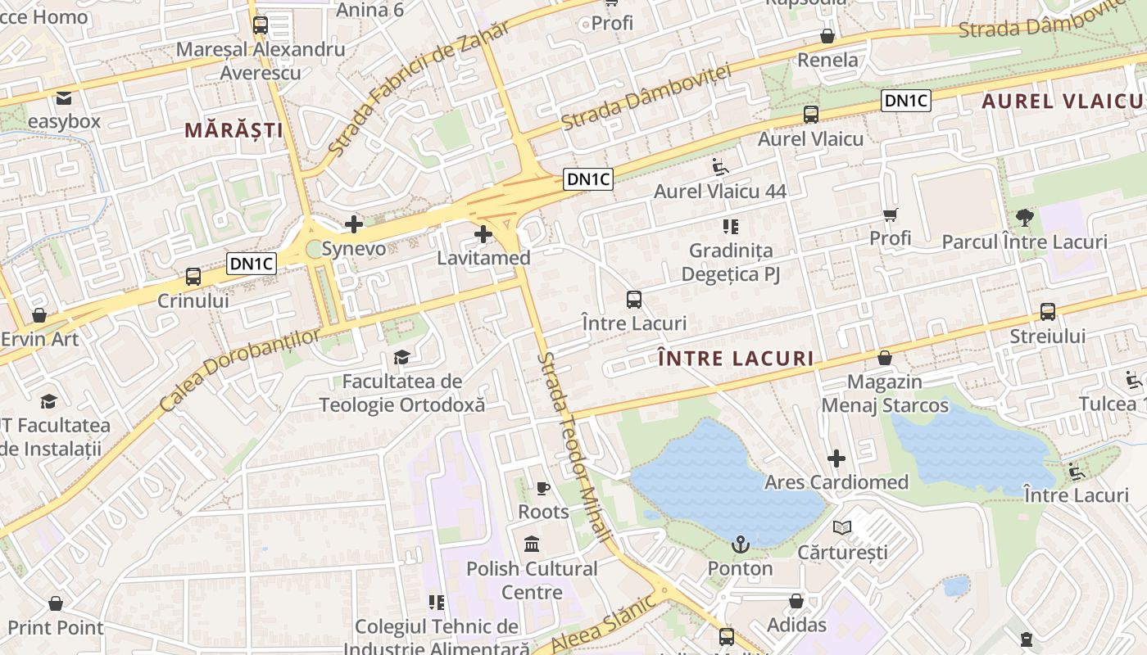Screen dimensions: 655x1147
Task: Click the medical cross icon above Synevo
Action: pos(354,224)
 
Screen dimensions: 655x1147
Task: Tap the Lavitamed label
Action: pos(483,258)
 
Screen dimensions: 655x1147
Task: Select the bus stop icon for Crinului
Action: pos(193,277)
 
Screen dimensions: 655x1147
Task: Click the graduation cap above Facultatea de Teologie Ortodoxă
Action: pos(401,357)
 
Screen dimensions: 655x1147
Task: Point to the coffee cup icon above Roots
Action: pos(542,489)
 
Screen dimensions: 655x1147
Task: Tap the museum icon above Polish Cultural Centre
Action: pos(532,544)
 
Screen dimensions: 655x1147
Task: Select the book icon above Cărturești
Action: pos(841,528)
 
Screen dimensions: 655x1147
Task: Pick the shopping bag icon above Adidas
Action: pos(796,602)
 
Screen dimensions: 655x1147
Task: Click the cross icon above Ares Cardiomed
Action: pos(836,458)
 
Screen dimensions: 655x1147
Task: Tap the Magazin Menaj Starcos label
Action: pos(885,394)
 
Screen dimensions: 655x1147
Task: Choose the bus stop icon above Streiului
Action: pos(1048,312)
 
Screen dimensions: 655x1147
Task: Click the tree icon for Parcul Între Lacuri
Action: pos(1024,218)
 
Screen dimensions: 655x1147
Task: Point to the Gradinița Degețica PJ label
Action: pos(731,262)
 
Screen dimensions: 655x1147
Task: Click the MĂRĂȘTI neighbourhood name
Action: pos(233,130)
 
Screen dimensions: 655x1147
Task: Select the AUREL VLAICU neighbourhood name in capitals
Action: pos(1062,101)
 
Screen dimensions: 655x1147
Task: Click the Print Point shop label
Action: pos(56,628)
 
